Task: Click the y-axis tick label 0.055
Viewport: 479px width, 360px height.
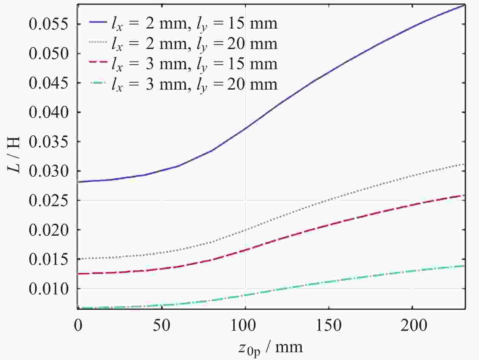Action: [49, 24]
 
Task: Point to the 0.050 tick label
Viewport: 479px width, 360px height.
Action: [49, 54]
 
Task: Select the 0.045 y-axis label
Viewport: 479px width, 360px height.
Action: [49, 83]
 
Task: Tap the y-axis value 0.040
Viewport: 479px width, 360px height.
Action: [49, 112]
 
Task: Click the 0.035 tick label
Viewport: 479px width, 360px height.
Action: [49, 142]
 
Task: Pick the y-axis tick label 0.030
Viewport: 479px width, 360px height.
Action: [49, 171]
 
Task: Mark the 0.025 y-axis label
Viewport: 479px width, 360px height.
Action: [49, 201]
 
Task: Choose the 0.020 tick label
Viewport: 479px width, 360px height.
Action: [49, 230]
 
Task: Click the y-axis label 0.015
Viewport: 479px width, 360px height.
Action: [49, 259]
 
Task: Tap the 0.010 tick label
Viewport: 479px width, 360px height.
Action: [49, 289]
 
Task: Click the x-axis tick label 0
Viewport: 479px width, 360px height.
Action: [78, 325]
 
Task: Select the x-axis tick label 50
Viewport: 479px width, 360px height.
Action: [161, 325]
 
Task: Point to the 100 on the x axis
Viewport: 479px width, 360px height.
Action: [245, 325]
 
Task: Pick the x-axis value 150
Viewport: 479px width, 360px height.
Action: [329, 325]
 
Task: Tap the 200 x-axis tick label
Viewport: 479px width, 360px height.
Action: [412, 325]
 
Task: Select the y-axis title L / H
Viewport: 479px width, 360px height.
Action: [14, 155]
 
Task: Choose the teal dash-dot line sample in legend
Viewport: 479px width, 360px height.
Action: [98, 83]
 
